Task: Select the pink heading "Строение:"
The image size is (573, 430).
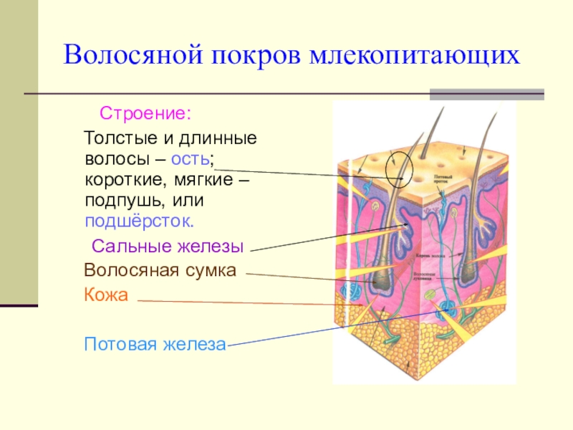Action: [145, 114]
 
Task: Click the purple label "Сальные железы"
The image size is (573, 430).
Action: [168, 247]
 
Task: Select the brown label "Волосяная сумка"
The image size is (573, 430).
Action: [160, 271]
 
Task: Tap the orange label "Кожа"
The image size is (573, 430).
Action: [105, 295]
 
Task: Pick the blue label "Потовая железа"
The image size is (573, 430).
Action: [155, 344]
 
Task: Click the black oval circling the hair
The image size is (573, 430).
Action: [400, 168]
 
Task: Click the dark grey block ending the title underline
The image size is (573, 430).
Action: [486, 93]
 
